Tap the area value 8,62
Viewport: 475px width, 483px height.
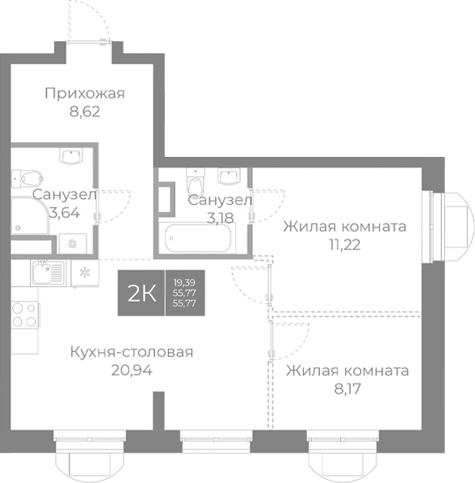[84, 112]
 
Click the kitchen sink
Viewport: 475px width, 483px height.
[47, 272]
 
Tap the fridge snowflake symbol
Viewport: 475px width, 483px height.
[83, 273]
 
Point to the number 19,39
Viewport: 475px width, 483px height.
[183, 280]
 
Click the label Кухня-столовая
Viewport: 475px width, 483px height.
[132, 352]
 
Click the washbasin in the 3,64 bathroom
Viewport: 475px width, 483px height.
[74, 155]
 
